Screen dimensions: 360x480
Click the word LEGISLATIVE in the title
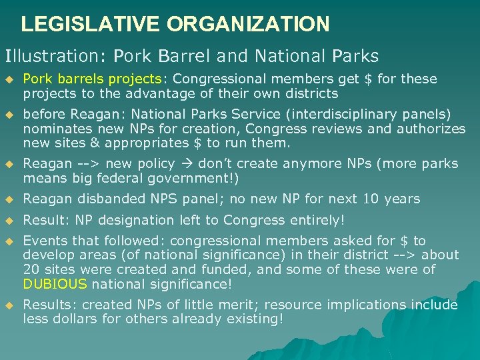pyautogui.click(x=91, y=25)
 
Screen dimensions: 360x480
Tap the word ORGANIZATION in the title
pyautogui.click(x=248, y=25)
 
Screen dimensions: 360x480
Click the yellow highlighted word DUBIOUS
pyautogui.click(x=55, y=284)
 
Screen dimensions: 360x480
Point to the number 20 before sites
pyautogui.click(x=31, y=269)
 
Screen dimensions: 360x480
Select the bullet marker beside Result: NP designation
pyautogui.click(x=9, y=221)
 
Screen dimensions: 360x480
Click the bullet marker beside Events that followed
pyautogui.click(x=9, y=241)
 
